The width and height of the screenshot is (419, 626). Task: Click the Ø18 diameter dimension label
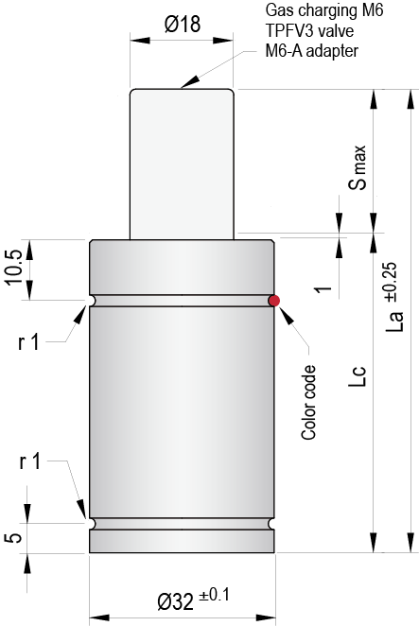click(x=182, y=26)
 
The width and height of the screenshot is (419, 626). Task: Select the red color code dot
click(x=274, y=301)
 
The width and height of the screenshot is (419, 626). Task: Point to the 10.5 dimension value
click(x=12, y=270)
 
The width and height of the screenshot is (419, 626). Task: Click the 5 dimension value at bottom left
click(x=12, y=538)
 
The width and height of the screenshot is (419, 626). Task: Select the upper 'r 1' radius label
click(x=27, y=341)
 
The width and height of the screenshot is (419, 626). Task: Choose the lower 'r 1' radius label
click(x=27, y=462)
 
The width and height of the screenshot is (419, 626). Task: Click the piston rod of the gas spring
click(x=182, y=161)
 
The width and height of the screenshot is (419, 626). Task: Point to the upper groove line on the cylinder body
click(x=182, y=301)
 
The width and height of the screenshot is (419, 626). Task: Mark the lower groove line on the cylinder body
click(x=182, y=522)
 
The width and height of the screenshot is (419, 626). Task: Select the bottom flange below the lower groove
click(x=182, y=540)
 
